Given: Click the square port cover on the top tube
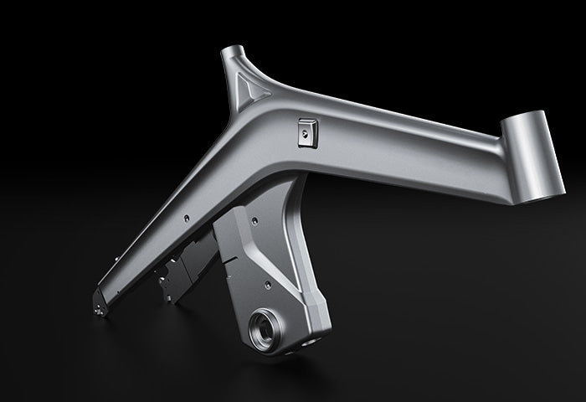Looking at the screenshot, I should click(306, 131).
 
